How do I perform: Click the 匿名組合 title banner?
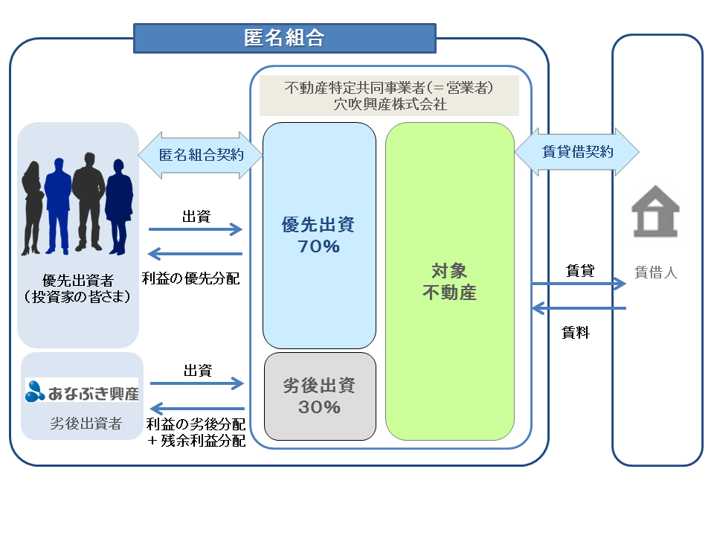284,38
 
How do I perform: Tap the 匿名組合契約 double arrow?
201,154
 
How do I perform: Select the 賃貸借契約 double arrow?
576,152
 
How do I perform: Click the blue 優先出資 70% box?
319,235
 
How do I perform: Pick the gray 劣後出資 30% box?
319,395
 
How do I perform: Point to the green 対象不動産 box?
449,281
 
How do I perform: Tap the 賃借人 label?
655,272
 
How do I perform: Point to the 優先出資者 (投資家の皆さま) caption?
77,289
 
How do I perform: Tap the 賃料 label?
576,334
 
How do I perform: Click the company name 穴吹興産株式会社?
390,104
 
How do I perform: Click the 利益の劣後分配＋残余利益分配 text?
195,432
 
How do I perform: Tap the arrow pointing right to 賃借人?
578,284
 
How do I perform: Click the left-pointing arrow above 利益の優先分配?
196,253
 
